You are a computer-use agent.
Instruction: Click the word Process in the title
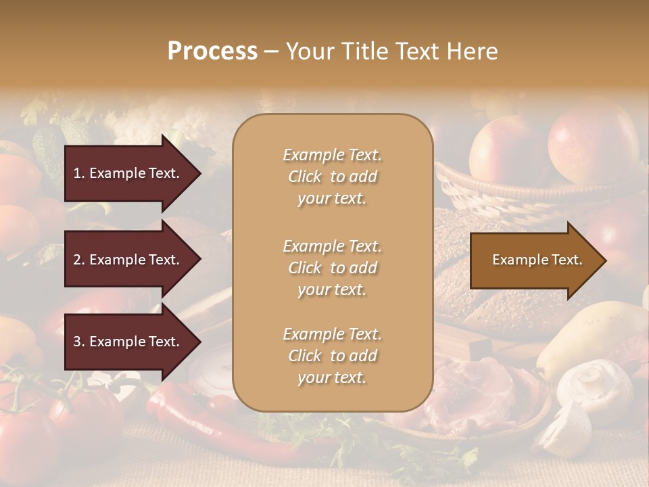[x=212, y=51]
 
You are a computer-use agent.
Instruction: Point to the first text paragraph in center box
[x=332, y=177]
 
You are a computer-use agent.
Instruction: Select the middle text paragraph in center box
[x=332, y=268]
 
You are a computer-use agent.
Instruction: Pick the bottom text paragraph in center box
[x=332, y=356]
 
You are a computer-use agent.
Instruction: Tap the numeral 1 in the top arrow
[x=76, y=173]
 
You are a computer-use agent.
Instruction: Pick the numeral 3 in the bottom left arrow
[x=77, y=342]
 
